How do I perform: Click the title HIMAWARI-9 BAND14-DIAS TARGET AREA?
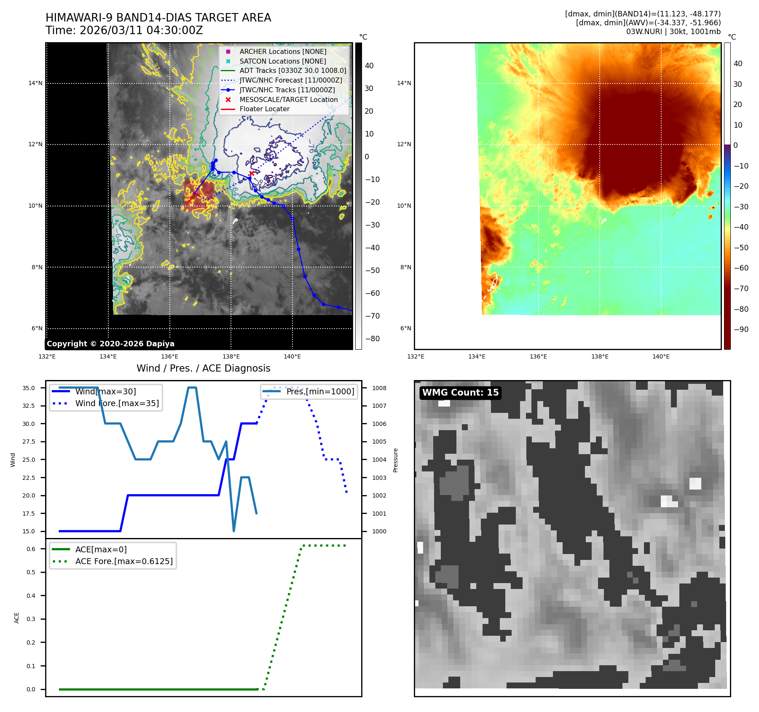pos(158,18)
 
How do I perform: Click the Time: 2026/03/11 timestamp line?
pos(124,31)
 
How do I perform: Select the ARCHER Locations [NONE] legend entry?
pos(283,51)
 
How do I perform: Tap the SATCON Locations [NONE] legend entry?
pos(283,61)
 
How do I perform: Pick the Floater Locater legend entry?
pos(264,109)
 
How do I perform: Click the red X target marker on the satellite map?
pos(252,173)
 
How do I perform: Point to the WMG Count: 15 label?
pos(460,393)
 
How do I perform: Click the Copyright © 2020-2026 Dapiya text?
pos(110,344)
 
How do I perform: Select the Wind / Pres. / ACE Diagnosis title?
pos(204,368)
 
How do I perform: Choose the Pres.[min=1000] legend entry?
pos(320,391)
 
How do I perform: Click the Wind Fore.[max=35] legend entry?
pos(117,403)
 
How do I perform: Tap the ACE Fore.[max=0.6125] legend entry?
pos(124,561)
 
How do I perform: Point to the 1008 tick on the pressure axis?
pos(379,388)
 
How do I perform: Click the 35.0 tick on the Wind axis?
pos(29,388)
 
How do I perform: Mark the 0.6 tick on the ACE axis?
pos(31,549)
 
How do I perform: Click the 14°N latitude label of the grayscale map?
pos(35,83)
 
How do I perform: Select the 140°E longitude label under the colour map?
pos(661,356)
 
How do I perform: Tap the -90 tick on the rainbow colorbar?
pos(741,329)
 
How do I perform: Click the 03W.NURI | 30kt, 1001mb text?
pos(673,32)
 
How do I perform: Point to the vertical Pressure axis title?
pos(395,460)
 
